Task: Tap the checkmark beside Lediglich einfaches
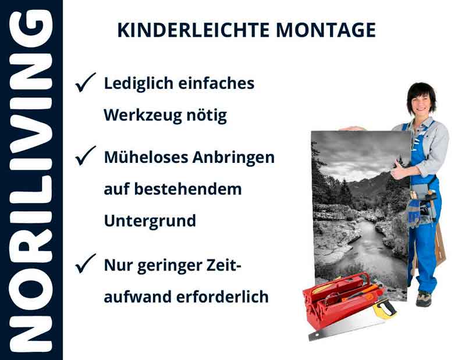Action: (x=86, y=84)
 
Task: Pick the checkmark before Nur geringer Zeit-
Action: (x=86, y=265)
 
